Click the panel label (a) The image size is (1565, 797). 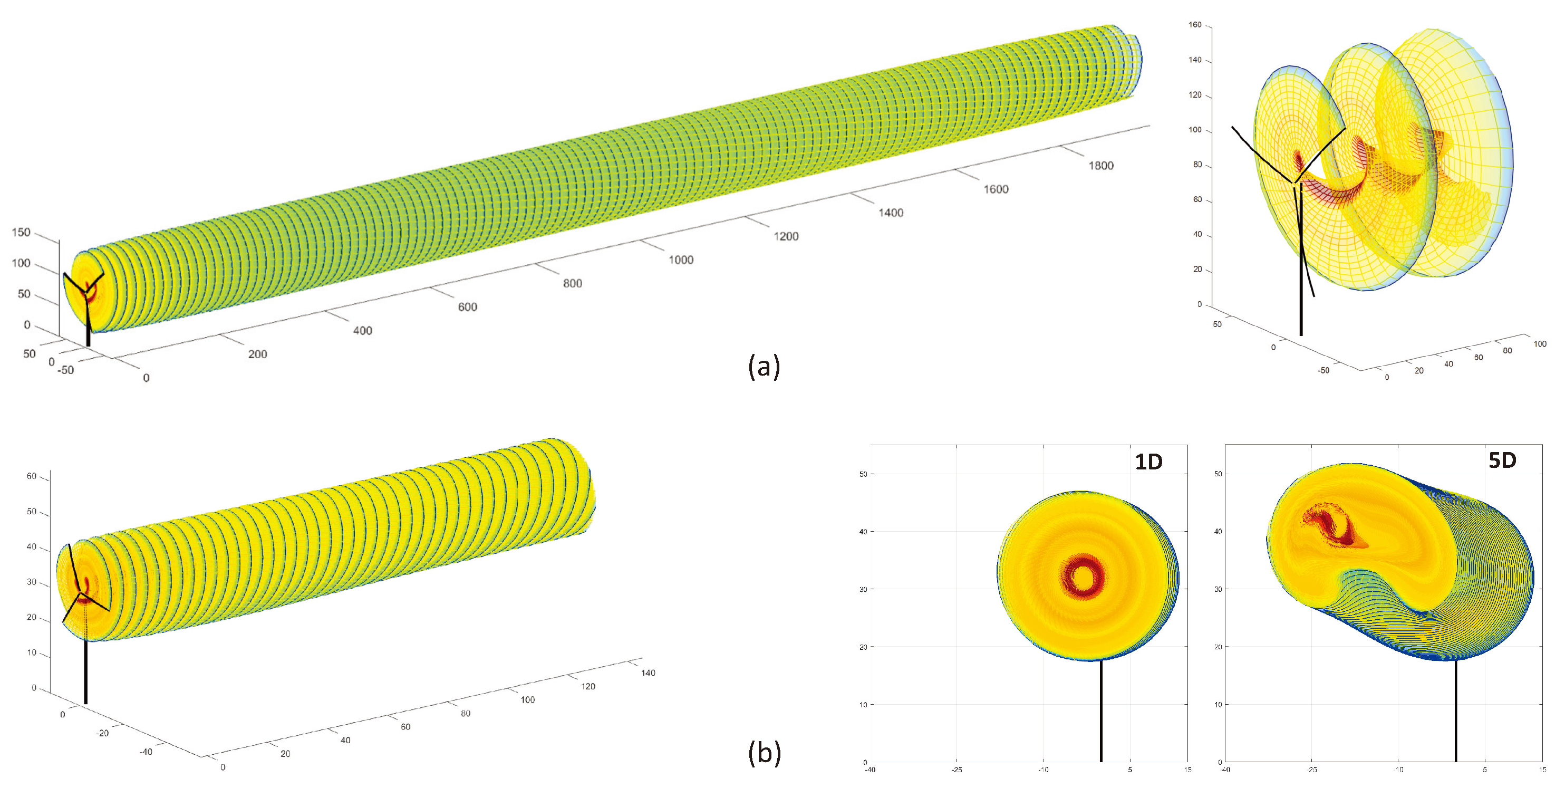click(x=764, y=367)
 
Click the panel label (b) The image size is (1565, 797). click(x=764, y=753)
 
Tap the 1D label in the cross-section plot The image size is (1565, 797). click(x=1148, y=462)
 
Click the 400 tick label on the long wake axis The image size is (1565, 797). click(x=362, y=331)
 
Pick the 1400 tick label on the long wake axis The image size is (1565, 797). click(x=890, y=213)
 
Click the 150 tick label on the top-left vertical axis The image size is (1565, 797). click(x=21, y=232)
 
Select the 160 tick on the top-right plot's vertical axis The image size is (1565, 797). click(x=1194, y=25)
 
